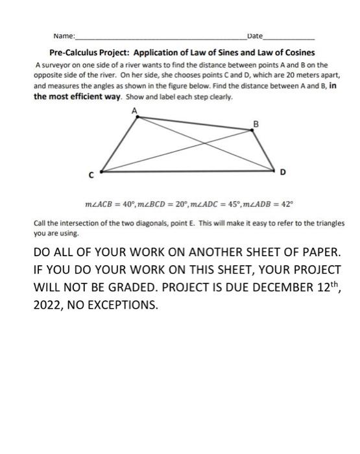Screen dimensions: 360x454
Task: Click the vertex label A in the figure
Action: click(x=135, y=110)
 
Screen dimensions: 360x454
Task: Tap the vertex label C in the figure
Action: click(x=91, y=175)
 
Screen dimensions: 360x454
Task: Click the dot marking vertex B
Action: click(x=253, y=130)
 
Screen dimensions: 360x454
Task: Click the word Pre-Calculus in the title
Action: click(x=76, y=52)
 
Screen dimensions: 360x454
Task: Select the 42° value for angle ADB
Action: click(x=287, y=203)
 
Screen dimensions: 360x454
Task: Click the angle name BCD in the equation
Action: click(x=170, y=203)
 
